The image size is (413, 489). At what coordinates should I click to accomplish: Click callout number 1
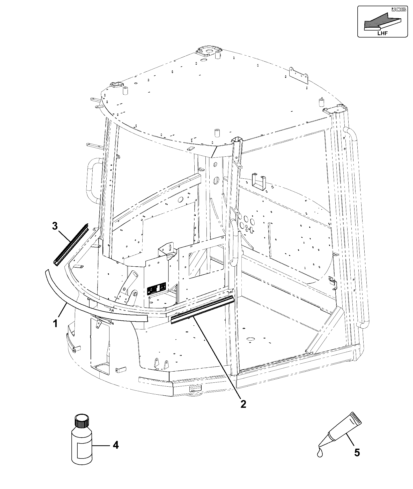point(55,323)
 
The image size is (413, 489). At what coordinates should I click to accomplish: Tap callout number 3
point(55,226)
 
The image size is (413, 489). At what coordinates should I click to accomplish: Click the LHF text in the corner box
point(382,32)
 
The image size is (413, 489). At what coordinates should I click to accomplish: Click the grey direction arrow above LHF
point(382,20)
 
